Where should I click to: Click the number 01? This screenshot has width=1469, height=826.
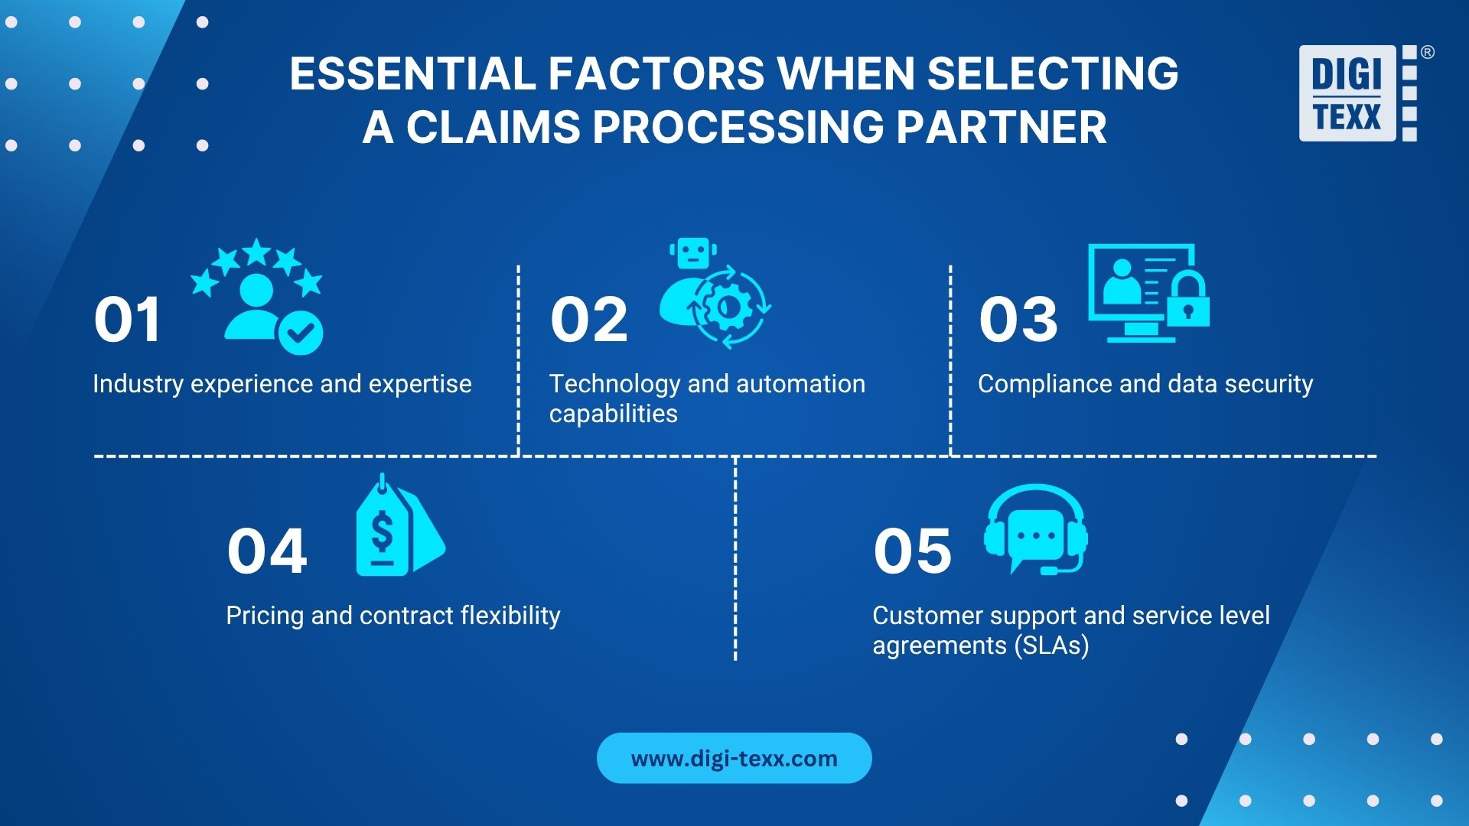[x=127, y=320]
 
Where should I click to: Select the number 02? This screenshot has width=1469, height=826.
[x=588, y=320]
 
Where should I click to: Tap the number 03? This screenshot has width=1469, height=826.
[x=1018, y=320]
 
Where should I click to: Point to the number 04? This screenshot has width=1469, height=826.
[x=267, y=551]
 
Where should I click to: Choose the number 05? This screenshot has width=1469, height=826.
[x=912, y=551]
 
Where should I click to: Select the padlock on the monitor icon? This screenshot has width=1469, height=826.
[x=1187, y=302]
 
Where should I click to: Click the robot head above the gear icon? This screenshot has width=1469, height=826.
[x=693, y=253]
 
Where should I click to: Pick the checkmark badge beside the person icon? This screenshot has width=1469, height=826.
[x=301, y=332]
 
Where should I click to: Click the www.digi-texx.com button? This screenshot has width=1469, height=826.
[x=734, y=758]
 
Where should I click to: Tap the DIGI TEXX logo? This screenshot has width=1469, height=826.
[x=1356, y=93]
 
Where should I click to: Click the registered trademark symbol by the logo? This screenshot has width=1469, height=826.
[x=1427, y=53]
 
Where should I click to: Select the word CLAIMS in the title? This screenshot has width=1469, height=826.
[x=493, y=127]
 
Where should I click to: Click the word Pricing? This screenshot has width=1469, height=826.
[x=265, y=616]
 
